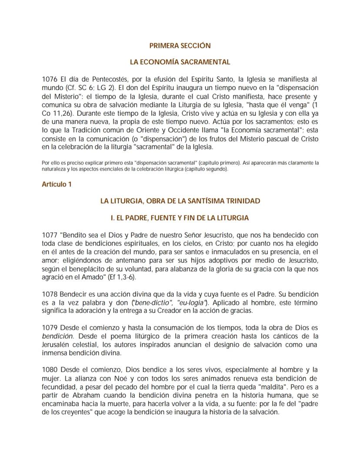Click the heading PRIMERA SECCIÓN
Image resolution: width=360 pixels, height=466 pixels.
click(180, 45)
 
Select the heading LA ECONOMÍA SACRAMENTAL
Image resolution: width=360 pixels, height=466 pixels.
click(180, 62)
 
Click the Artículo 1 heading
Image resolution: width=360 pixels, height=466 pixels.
click(57, 184)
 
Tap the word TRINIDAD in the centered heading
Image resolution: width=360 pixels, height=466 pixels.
click(242, 201)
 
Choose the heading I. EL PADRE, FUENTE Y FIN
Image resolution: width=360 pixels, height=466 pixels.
click(180, 218)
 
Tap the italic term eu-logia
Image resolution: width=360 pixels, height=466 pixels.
click(192, 302)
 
